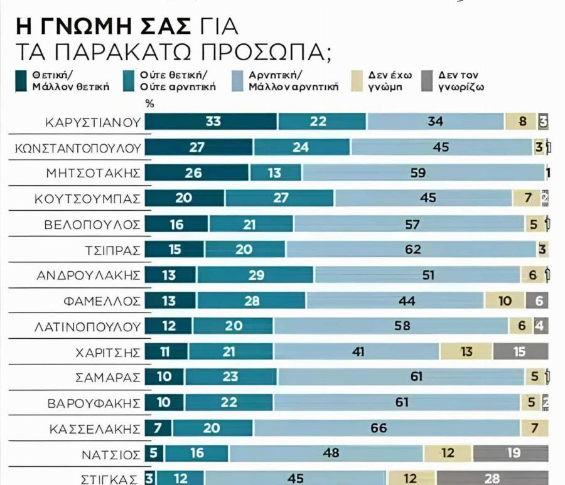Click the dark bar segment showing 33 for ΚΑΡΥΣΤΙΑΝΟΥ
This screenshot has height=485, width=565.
pos(212,122)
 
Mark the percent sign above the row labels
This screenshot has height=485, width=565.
pos(149,104)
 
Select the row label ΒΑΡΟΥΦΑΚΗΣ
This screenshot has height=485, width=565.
pos(93,403)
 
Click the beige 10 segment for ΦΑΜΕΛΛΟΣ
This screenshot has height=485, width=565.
pos(505,301)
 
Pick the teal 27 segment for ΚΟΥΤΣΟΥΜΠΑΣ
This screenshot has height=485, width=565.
pos(279,198)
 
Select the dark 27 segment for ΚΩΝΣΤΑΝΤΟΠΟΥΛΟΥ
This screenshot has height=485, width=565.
pos(198,147)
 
